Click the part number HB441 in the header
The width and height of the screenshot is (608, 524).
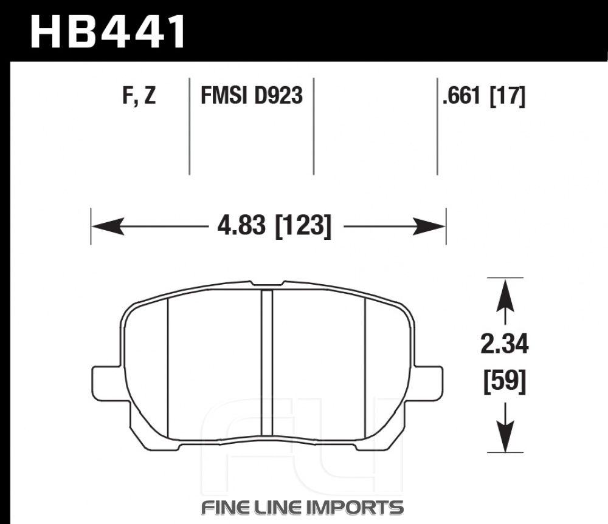[108, 32]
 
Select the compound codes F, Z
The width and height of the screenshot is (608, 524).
[139, 96]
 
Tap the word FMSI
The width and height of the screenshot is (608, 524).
[224, 95]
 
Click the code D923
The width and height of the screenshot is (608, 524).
[277, 95]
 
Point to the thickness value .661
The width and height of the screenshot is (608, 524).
[463, 95]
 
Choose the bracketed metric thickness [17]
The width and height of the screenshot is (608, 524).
[508, 96]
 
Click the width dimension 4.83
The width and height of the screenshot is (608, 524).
[242, 225]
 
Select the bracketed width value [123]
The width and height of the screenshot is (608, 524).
[303, 226]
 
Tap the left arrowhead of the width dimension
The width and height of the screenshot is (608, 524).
[108, 226]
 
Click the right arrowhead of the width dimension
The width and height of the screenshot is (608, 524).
[429, 226]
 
